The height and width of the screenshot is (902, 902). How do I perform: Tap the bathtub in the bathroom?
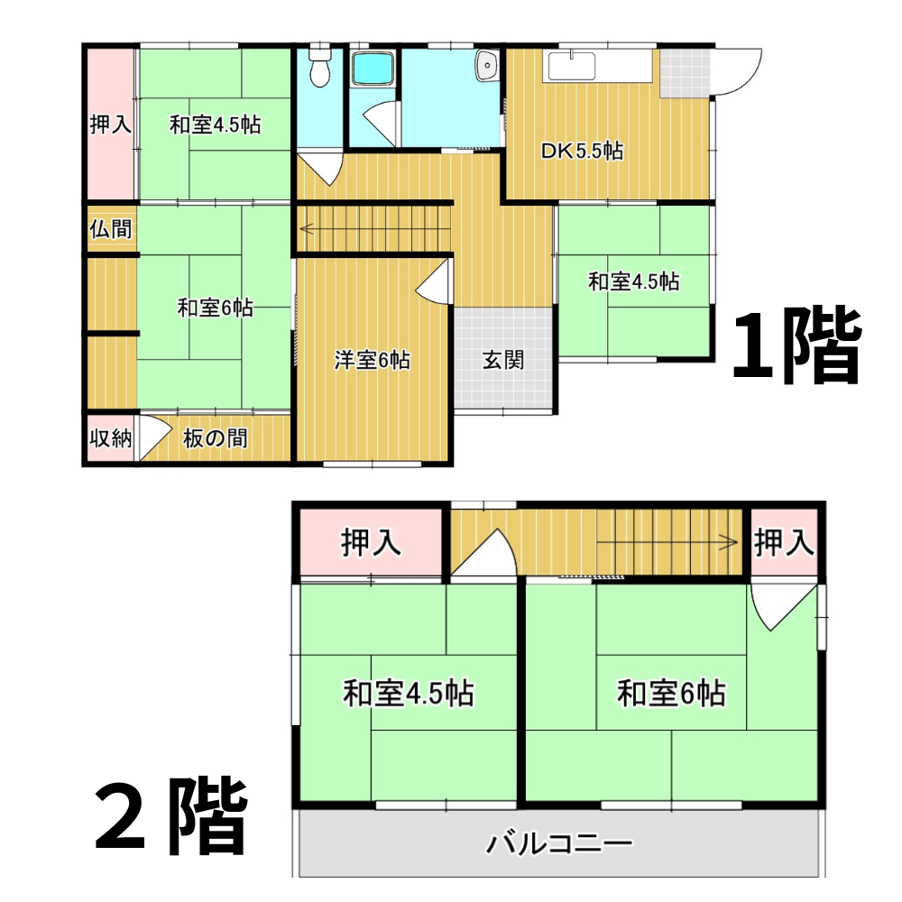(x=373, y=69)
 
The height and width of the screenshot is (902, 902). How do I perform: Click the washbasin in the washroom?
(x=487, y=65)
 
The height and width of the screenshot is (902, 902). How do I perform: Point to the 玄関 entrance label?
(x=502, y=360)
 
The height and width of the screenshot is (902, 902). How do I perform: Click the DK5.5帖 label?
(x=582, y=151)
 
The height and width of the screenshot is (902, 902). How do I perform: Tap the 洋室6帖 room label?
(x=373, y=360)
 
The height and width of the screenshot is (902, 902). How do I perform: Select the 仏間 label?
(x=110, y=229)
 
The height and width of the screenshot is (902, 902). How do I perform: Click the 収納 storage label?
(x=110, y=438)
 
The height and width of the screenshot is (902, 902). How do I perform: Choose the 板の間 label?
(x=216, y=438)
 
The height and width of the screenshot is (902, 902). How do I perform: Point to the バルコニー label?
(x=559, y=844)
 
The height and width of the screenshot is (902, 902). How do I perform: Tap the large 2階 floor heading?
(x=170, y=815)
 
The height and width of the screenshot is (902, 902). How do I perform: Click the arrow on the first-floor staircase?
(x=374, y=229)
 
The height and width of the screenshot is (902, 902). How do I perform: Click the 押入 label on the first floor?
(x=110, y=124)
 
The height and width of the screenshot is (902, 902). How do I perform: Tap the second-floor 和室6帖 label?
(x=671, y=693)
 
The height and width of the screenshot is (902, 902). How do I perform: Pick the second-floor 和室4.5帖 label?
(x=409, y=693)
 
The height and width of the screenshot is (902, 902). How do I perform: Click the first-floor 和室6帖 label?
(x=215, y=308)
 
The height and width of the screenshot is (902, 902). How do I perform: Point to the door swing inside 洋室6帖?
(x=433, y=281)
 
